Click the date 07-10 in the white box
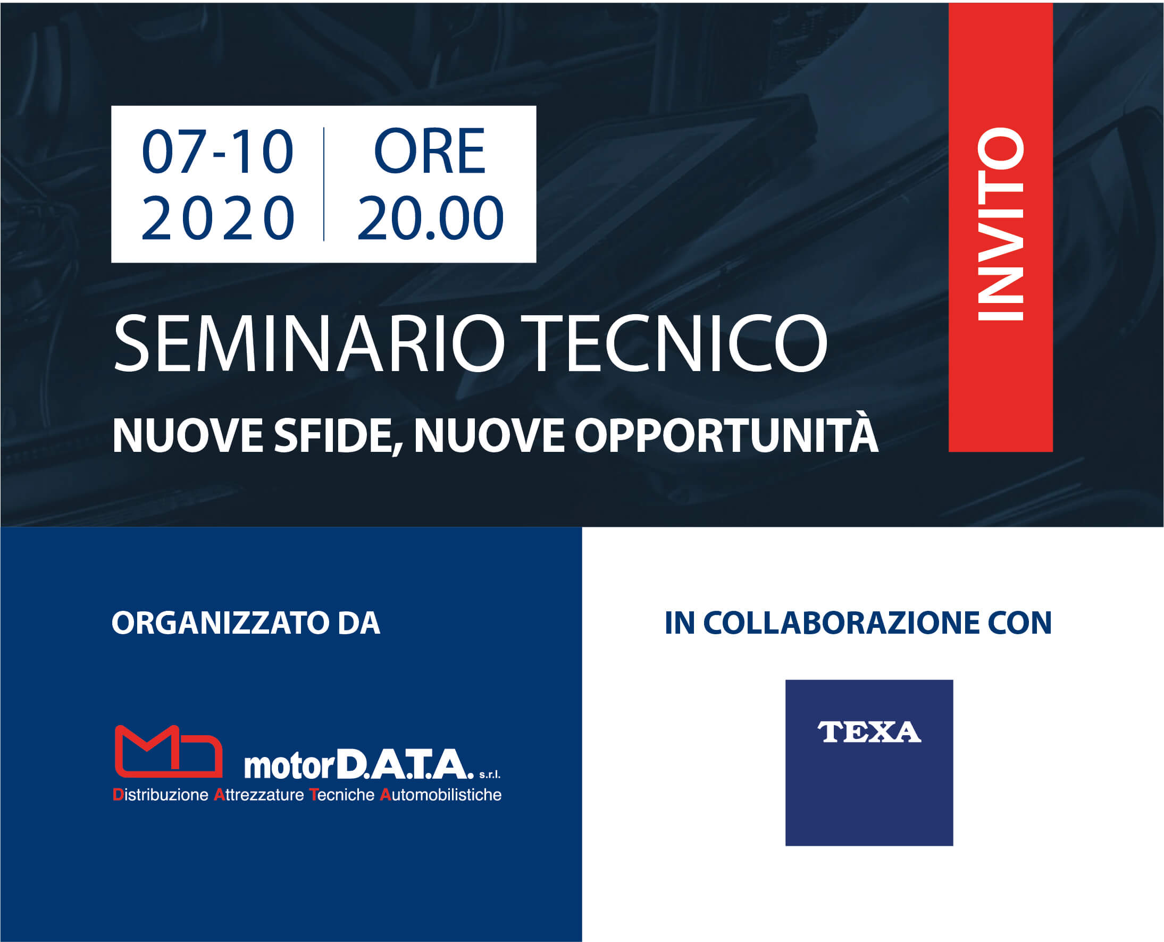click(217, 152)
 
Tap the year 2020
click(217, 217)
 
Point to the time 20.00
click(430, 217)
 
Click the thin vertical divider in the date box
click(324, 184)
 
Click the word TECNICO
click(679, 343)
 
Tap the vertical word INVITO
click(1000, 224)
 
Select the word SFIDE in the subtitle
click(338, 435)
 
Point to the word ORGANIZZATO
click(220, 623)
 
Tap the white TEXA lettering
click(869, 732)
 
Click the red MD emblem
click(169, 751)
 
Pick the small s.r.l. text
click(490, 775)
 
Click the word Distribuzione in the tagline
click(161, 795)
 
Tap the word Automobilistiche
click(441, 795)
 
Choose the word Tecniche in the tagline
click(342, 795)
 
